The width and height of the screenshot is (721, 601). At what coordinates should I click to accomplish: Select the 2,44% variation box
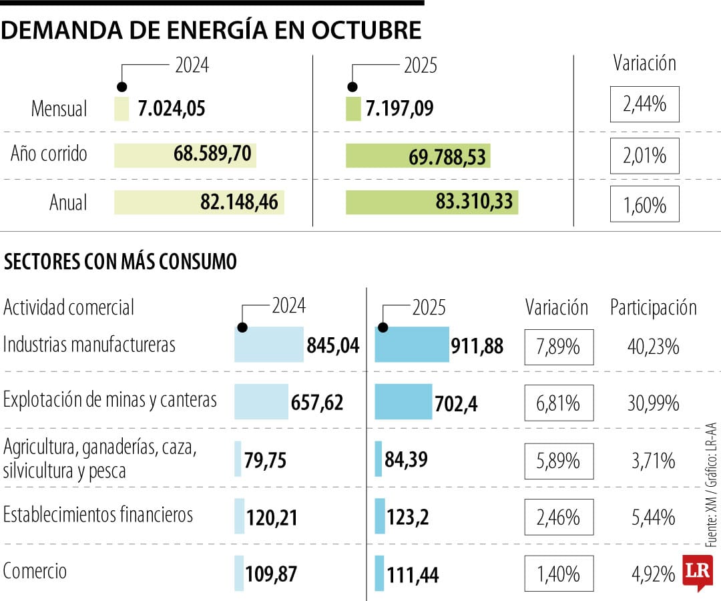coord(644,104)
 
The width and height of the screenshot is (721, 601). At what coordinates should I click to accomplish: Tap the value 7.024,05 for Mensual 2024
coord(171,109)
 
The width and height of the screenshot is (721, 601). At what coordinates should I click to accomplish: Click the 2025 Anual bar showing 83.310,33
coord(431,202)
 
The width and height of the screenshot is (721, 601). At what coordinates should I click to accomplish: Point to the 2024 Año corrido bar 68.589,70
coord(185,155)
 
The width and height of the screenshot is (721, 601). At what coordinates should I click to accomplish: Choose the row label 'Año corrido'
coord(49,154)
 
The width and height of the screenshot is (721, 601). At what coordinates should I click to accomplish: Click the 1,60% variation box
coord(644,204)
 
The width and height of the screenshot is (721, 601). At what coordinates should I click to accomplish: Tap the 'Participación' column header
coord(653,307)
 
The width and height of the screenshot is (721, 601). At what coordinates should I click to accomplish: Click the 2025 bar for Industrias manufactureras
coord(412,345)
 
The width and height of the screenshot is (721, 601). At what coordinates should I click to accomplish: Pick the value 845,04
coord(332,345)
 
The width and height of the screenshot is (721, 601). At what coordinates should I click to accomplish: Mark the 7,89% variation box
coord(559,347)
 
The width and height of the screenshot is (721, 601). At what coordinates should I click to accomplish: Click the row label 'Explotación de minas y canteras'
coord(110,400)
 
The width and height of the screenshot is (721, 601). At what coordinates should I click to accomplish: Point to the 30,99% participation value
coord(653,403)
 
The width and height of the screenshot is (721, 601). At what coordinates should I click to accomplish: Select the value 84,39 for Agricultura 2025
coord(406,459)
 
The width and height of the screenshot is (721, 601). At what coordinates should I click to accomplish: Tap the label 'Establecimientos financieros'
coord(98,515)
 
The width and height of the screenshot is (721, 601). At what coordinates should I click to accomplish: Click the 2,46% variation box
coord(559,518)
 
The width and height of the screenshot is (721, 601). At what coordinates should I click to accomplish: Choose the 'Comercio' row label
coord(35,572)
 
